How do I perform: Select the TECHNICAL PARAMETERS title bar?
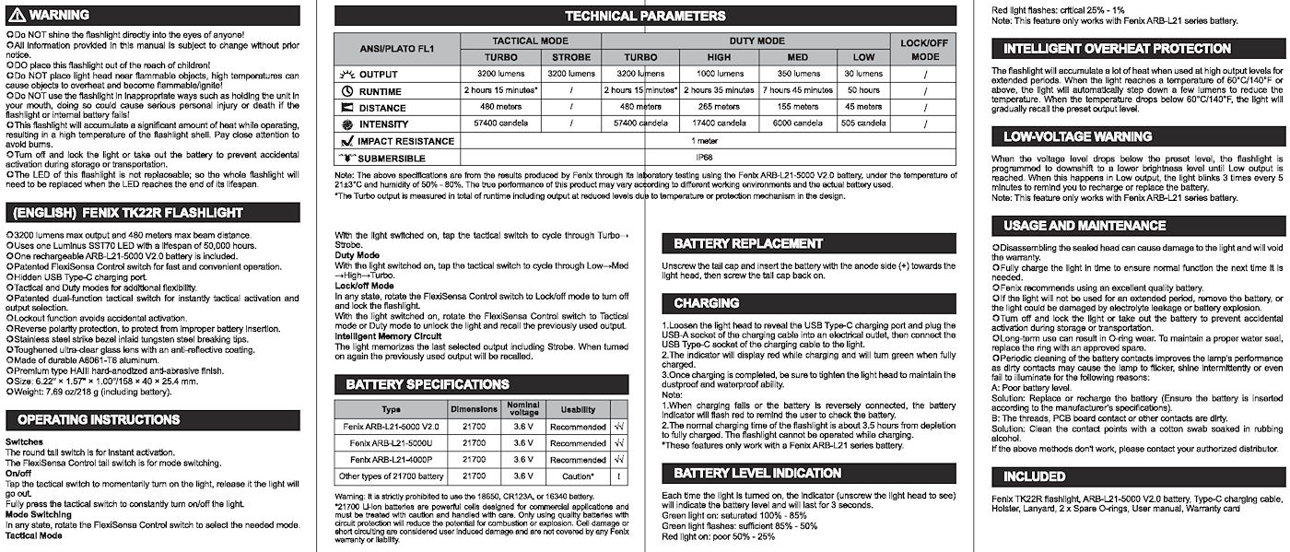pyautogui.click(x=644, y=16)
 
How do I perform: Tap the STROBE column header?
pyautogui.click(x=570, y=57)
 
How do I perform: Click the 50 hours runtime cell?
pyautogui.click(x=863, y=90)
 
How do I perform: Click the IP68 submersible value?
pyautogui.click(x=706, y=159)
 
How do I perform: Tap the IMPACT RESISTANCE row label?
pyautogui.click(x=405, y=141)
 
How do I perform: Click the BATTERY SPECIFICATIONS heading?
pyautogui.click(x=427, y=384)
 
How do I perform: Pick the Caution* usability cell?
pyautogui.click(x=578, y=476)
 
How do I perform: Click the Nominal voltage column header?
pyautogui.click(x=523, y=408)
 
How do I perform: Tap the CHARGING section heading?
pyautogui.click(x=707, y=303)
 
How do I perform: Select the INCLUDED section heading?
pyautogui.click(x=1034, y=476)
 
